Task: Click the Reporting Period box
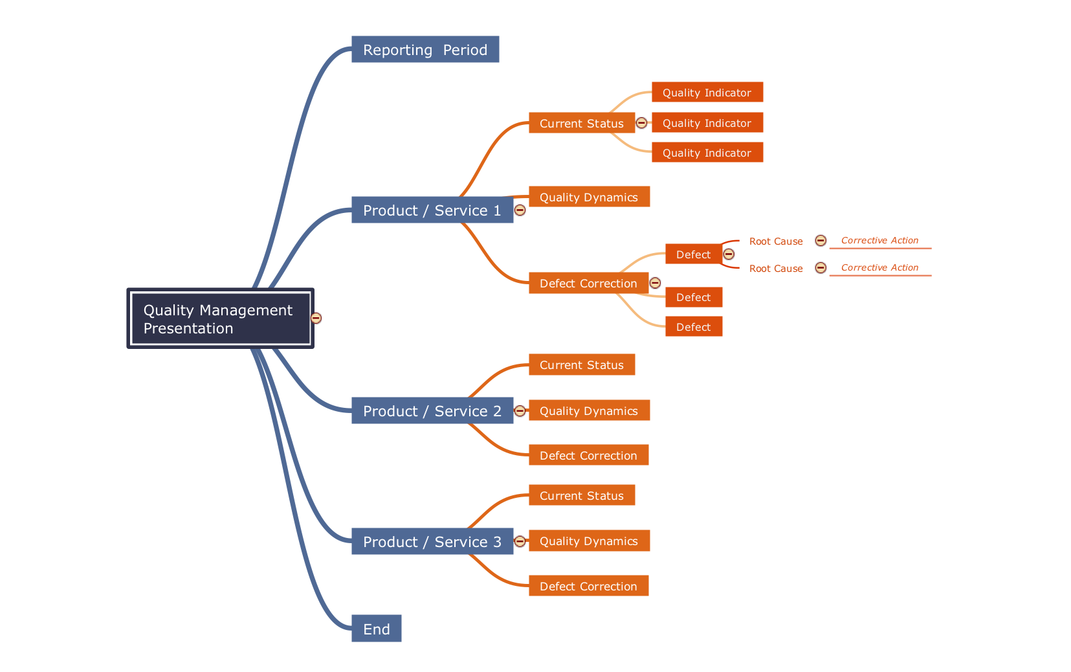[x=425, y=50]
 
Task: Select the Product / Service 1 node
[x=432, y=210]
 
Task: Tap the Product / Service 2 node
[x=432, y=411]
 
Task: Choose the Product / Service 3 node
[x=432, y=542]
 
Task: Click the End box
[x=376, y=629]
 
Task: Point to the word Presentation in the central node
[x=188, y=329]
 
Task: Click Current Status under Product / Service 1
[x=581, y=123]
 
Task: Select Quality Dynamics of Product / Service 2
[x=589, y=411]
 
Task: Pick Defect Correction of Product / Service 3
[x=588, y=587]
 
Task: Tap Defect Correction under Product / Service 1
[x=588, y=284]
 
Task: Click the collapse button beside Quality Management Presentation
[x=316, y=318]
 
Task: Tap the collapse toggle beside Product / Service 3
[x=520, y=541]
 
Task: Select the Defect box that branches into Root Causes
[x=693, y=254]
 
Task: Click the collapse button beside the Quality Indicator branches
[x=641, y=123]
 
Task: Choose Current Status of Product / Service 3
[x=581, y=496]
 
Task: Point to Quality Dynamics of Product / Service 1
[x=589, y=197]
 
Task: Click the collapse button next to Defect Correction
[x=655, y=283]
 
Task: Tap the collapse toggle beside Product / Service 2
[x=520, y=410]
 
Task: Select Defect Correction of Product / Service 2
[x=588, y=456]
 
